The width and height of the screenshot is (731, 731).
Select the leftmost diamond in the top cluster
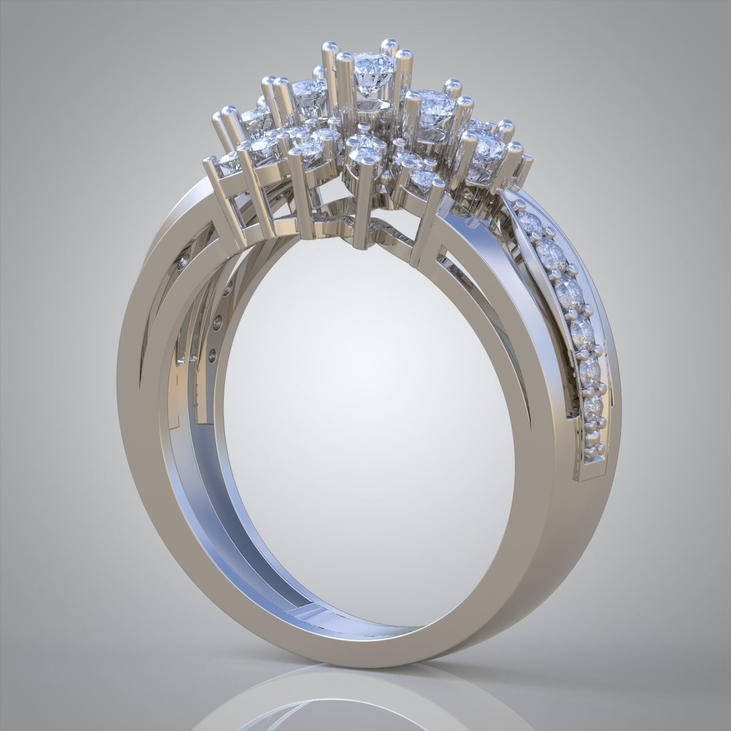click(228, 162)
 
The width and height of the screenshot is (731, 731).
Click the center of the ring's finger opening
click(365, 411)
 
